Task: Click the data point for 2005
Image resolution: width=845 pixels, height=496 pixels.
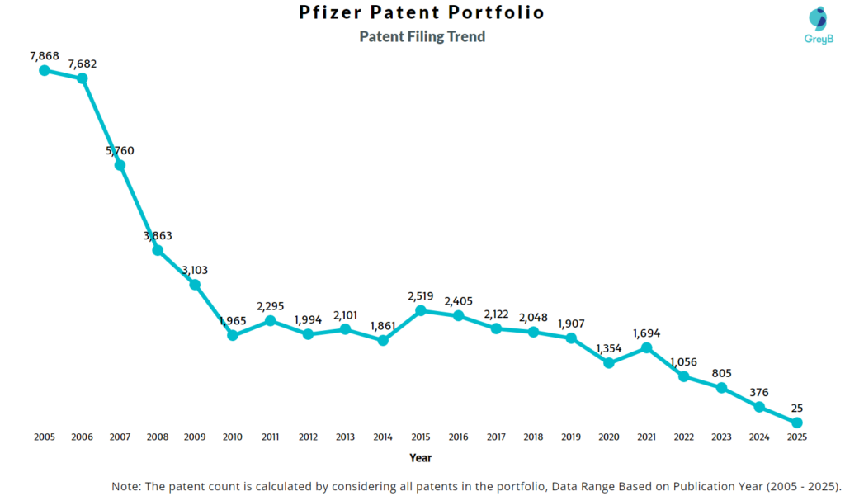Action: [x=45, y=70]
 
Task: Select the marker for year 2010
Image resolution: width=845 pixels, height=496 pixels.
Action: [x=233, y=335]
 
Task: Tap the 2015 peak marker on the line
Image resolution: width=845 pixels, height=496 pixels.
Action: [x=421, y=310]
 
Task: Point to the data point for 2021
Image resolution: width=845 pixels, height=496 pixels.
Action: [x=647, y=347]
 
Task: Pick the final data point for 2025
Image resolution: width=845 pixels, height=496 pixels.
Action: [x=797, y=423]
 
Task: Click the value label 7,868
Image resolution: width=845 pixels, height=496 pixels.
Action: [x=45, y=55]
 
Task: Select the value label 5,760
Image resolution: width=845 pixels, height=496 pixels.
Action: [x=120, y=150]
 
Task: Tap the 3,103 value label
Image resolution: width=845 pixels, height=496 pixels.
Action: [x=195, y=270]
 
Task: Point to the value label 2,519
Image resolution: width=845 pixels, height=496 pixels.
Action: [x=421, y=295]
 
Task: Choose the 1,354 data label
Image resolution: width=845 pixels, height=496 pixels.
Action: [x=609, y=347]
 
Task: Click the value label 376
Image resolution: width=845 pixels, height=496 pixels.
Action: [x=759, y=392]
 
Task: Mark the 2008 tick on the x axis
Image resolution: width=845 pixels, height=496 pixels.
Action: [x=158, y=437]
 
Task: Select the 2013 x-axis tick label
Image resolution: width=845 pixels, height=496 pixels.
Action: [x=346, y=437]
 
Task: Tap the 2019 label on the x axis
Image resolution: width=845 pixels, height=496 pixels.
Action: [x=571, y=437]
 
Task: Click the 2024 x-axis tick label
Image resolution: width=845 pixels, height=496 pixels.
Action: [x=759, y=437]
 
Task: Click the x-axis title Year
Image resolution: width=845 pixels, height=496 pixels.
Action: [x=420, y=457]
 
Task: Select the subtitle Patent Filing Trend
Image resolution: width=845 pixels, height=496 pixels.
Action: [x=422, y=36]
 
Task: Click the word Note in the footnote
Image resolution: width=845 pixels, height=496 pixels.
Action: [x=127, y=486]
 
